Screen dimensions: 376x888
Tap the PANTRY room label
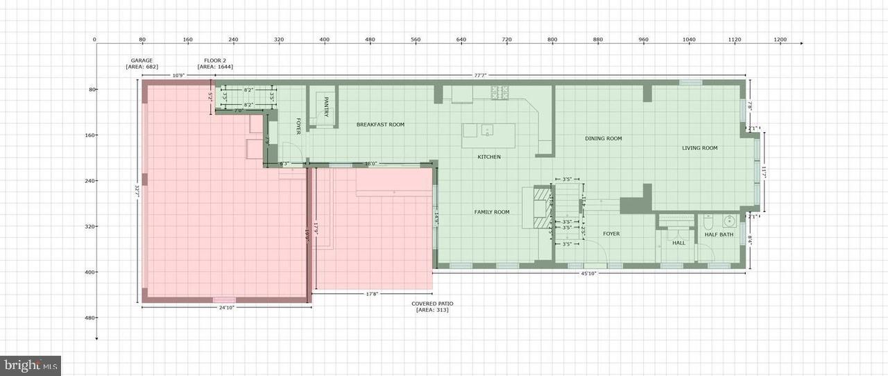click(325, 106)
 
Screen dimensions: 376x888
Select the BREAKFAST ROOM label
click(380, 124)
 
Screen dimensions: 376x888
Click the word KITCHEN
click(489, 157)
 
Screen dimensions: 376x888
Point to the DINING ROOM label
click(603, 138)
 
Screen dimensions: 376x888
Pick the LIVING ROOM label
click(699, 148)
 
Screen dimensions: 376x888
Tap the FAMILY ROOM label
click(492, 212)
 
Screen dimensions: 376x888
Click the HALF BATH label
click(719, 234)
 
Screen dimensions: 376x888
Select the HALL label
click(678, 243)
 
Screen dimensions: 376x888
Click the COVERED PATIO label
click(432, 304)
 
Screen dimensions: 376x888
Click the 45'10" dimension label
click(588, 274)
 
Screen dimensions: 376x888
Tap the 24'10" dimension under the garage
click(225, 308)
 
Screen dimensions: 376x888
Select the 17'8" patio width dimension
click(372, 294)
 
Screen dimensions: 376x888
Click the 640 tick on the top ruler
click(461, 40)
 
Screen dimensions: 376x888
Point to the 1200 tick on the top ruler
click(780, 40)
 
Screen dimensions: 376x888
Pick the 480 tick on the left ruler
click(89, 318)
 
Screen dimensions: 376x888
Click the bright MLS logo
click(31, 366)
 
